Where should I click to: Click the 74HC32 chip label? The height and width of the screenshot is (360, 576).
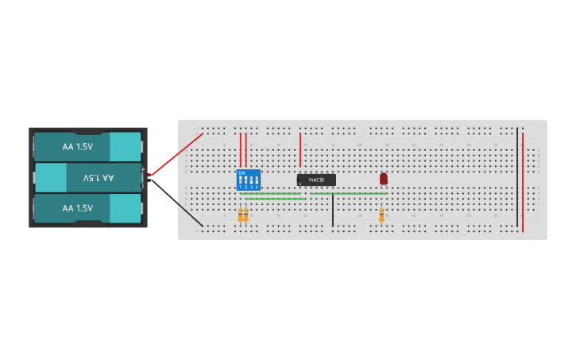click(x=316, y=180)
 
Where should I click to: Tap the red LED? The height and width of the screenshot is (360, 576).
click(x=383, y=179)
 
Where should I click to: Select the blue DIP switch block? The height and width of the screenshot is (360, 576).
click(x=249, y=180)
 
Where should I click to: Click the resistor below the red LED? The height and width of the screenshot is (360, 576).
click(x=381, y=215)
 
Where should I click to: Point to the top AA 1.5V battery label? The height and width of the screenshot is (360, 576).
click(x=78, y=147)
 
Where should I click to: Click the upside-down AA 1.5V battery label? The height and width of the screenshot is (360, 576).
click(x=99, y=178)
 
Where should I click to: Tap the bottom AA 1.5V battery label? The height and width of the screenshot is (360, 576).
click(x=78, y=208)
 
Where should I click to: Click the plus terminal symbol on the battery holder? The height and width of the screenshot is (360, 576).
click(x=143, y=170)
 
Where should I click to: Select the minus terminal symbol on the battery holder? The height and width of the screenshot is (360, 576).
click(x=143, y=186)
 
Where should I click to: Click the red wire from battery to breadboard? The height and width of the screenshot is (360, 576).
click(x=176, y=154)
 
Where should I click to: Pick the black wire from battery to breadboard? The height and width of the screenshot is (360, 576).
click(x=178, y=206)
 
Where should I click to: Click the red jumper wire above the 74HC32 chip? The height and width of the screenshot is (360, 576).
click(x=300, y=149)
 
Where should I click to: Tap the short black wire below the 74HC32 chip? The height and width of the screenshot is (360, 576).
click(x=333, y=211)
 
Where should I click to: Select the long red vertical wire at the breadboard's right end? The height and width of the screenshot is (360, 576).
click(x=523, y=183)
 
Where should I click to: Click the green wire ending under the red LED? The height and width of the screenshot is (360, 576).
click(x=350, y=193)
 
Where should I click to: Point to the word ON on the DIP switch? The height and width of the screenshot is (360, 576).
click(x=242, y=172)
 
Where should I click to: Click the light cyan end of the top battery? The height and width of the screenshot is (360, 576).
click(x=125, y=147)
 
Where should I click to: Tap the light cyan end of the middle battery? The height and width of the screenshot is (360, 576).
click(x=50, y=178)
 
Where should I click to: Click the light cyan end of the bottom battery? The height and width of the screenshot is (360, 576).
click(x=125, y=208)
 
